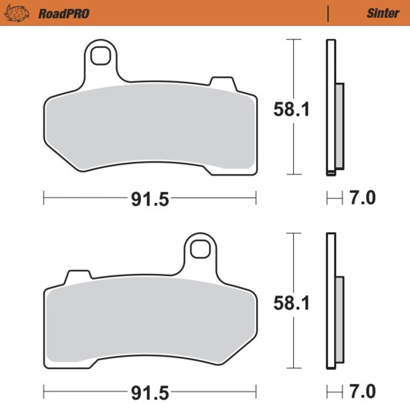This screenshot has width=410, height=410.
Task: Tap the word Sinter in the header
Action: coord(382,13)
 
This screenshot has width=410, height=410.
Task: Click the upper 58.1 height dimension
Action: coord(291,109)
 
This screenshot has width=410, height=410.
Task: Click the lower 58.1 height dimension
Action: coord(291,304)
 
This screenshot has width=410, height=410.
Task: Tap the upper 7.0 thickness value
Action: coord(363,197)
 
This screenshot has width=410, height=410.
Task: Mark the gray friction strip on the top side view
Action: coord(339,126)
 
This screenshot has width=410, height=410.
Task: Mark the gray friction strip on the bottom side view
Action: coord(339,320)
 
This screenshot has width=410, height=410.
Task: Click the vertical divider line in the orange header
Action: coord(327,13)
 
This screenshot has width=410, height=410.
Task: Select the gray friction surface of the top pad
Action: coord(149,128)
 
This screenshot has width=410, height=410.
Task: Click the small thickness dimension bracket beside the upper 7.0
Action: coord(334,197)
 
